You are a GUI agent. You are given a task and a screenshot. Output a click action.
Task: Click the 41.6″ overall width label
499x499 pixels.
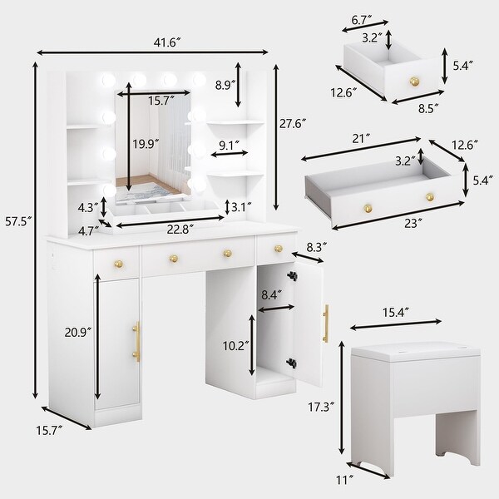click(x=167, y=42)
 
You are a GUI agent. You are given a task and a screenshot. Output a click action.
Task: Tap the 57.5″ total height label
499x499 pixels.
click(x=18, y=221)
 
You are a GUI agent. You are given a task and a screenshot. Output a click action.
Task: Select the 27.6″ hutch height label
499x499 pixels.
click(x=293, y=123)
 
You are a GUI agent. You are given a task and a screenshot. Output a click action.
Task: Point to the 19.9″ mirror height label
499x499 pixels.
click(x=146, y=144)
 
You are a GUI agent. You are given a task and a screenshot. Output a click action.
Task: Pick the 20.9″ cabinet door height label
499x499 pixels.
click(x=78, y=332)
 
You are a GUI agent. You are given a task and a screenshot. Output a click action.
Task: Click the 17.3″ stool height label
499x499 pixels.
click(x=321, y=407)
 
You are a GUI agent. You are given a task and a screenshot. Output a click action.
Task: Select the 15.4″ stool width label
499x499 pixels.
click(x=396, y=313)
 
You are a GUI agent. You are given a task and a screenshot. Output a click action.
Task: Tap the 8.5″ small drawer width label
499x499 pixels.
click(x=428, y=108)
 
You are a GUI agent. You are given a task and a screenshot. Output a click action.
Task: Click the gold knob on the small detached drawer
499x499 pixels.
click(x=414, y=82)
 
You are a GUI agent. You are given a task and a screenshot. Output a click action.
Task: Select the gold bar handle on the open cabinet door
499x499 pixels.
click(x=326, y=324)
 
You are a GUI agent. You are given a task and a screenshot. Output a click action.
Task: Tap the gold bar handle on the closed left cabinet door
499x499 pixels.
click(x=136, y=342)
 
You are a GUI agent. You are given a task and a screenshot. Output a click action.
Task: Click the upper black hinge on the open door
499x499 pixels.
click(x=291, y=275)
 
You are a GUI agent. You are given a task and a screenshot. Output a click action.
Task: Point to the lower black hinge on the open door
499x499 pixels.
click(x=291, y=363)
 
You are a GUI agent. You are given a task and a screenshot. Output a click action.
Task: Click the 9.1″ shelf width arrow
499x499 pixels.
click(x=230, y=153)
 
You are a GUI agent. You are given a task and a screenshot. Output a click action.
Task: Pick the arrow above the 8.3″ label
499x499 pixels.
click(x=308, y=258)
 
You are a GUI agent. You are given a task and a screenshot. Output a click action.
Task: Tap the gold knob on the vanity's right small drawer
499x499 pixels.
click(x=279, y=249)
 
